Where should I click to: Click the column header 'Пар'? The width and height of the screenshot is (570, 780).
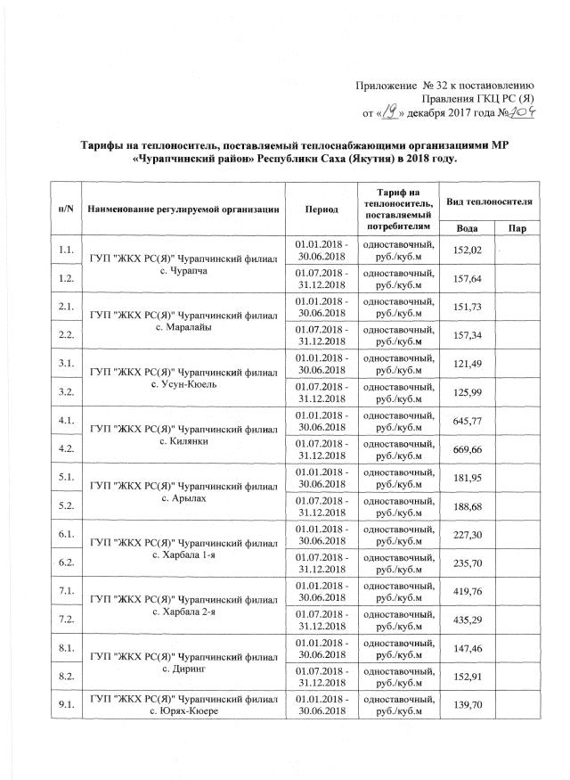(514, 229)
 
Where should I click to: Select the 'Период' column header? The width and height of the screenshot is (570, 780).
(321, 209)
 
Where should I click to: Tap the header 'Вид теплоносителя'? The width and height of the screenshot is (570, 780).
(491, 203)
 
